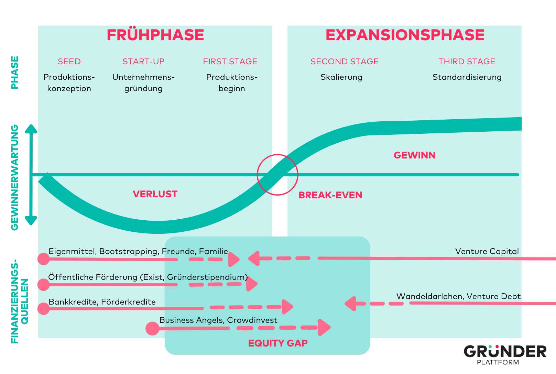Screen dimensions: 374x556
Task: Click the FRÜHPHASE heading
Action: (155, 35)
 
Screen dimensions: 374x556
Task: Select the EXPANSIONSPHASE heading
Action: (405, 35)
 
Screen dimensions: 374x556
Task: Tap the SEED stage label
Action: (69, 62)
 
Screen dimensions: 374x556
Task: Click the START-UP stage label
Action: (143, 62)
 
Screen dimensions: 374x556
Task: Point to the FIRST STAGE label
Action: (230, 62)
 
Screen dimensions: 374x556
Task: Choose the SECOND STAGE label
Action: (344, 62)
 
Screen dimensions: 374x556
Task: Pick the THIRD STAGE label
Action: (467, 62)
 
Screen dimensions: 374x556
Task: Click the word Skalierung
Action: (341, 77)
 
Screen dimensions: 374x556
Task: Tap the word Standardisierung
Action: (467, 77)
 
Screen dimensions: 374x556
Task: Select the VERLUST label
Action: (155, 194)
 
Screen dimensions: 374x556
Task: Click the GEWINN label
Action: (414, 155)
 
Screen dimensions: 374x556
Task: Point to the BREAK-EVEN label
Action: (330, 195)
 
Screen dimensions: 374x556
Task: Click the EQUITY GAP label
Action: (278, 343)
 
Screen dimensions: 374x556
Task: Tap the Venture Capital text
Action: (487, 251)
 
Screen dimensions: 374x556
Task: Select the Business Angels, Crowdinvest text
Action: (218, 320)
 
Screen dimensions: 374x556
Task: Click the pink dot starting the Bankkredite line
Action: (44, 309)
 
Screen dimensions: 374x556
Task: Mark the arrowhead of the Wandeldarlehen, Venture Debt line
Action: (350, 304)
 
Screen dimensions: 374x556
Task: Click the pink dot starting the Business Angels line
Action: (152, 328)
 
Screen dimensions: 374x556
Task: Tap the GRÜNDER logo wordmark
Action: (505, 352)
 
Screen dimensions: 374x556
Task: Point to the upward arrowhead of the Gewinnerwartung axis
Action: (31, 129)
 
